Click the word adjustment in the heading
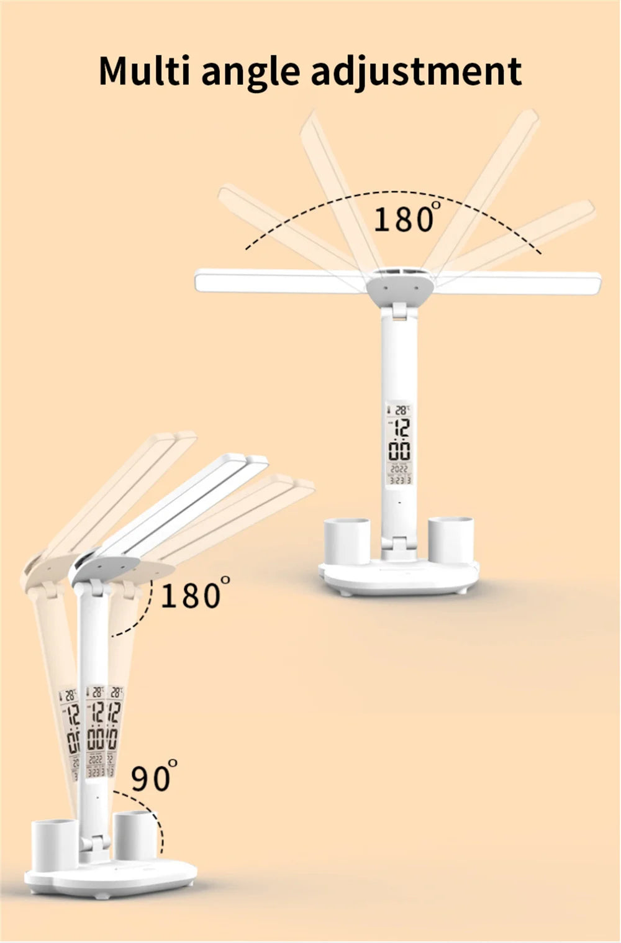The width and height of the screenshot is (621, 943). click(415, 72)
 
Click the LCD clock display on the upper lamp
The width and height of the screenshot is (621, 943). click(399, 442)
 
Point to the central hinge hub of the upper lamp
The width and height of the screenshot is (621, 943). click(399, 290)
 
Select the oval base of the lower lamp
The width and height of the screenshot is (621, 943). click(112, 876)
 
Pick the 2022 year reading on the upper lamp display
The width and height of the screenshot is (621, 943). click(399, 469)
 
